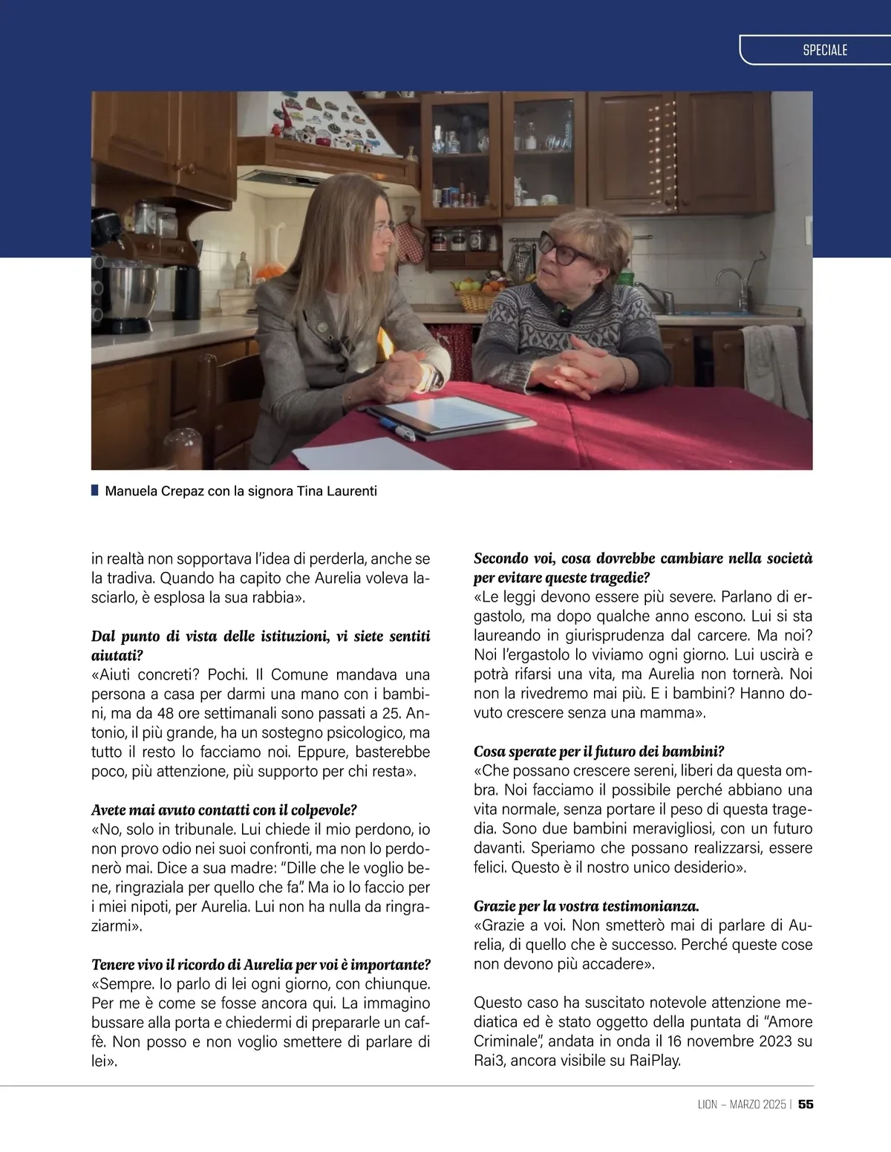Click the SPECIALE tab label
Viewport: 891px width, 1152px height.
824,50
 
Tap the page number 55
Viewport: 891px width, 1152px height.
806,1104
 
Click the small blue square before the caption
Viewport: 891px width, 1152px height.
95,490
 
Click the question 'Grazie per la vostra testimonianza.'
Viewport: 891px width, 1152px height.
587,906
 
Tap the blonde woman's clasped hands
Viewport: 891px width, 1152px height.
405,376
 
